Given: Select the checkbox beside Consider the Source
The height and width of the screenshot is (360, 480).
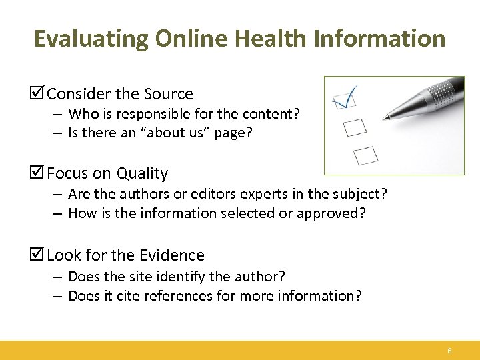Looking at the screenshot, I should pyautogui.click(x=39, y=94).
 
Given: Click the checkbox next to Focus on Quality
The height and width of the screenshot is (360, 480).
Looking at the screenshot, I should pyautogui.click(x=39, y=173).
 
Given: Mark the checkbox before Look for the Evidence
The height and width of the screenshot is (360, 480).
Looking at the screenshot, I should pyautogui.click(x=39, y=255).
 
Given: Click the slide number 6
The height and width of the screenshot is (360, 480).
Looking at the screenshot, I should pyautogui.click(x=449, y=351).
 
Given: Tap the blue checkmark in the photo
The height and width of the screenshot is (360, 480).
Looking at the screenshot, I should pyautogui.click(x=345, y=97).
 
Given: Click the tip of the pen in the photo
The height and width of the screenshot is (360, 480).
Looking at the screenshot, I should pyautogui.click(x=385, y=118).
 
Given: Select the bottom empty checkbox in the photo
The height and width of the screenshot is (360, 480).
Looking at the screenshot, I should pyautogui.click(x=365, y=155).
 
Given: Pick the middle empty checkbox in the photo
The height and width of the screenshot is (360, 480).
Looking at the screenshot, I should pyautogui.click(x=355, y=126).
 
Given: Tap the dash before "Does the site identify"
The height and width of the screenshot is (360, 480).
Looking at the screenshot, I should pyautogui.click(x=58, y=276).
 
